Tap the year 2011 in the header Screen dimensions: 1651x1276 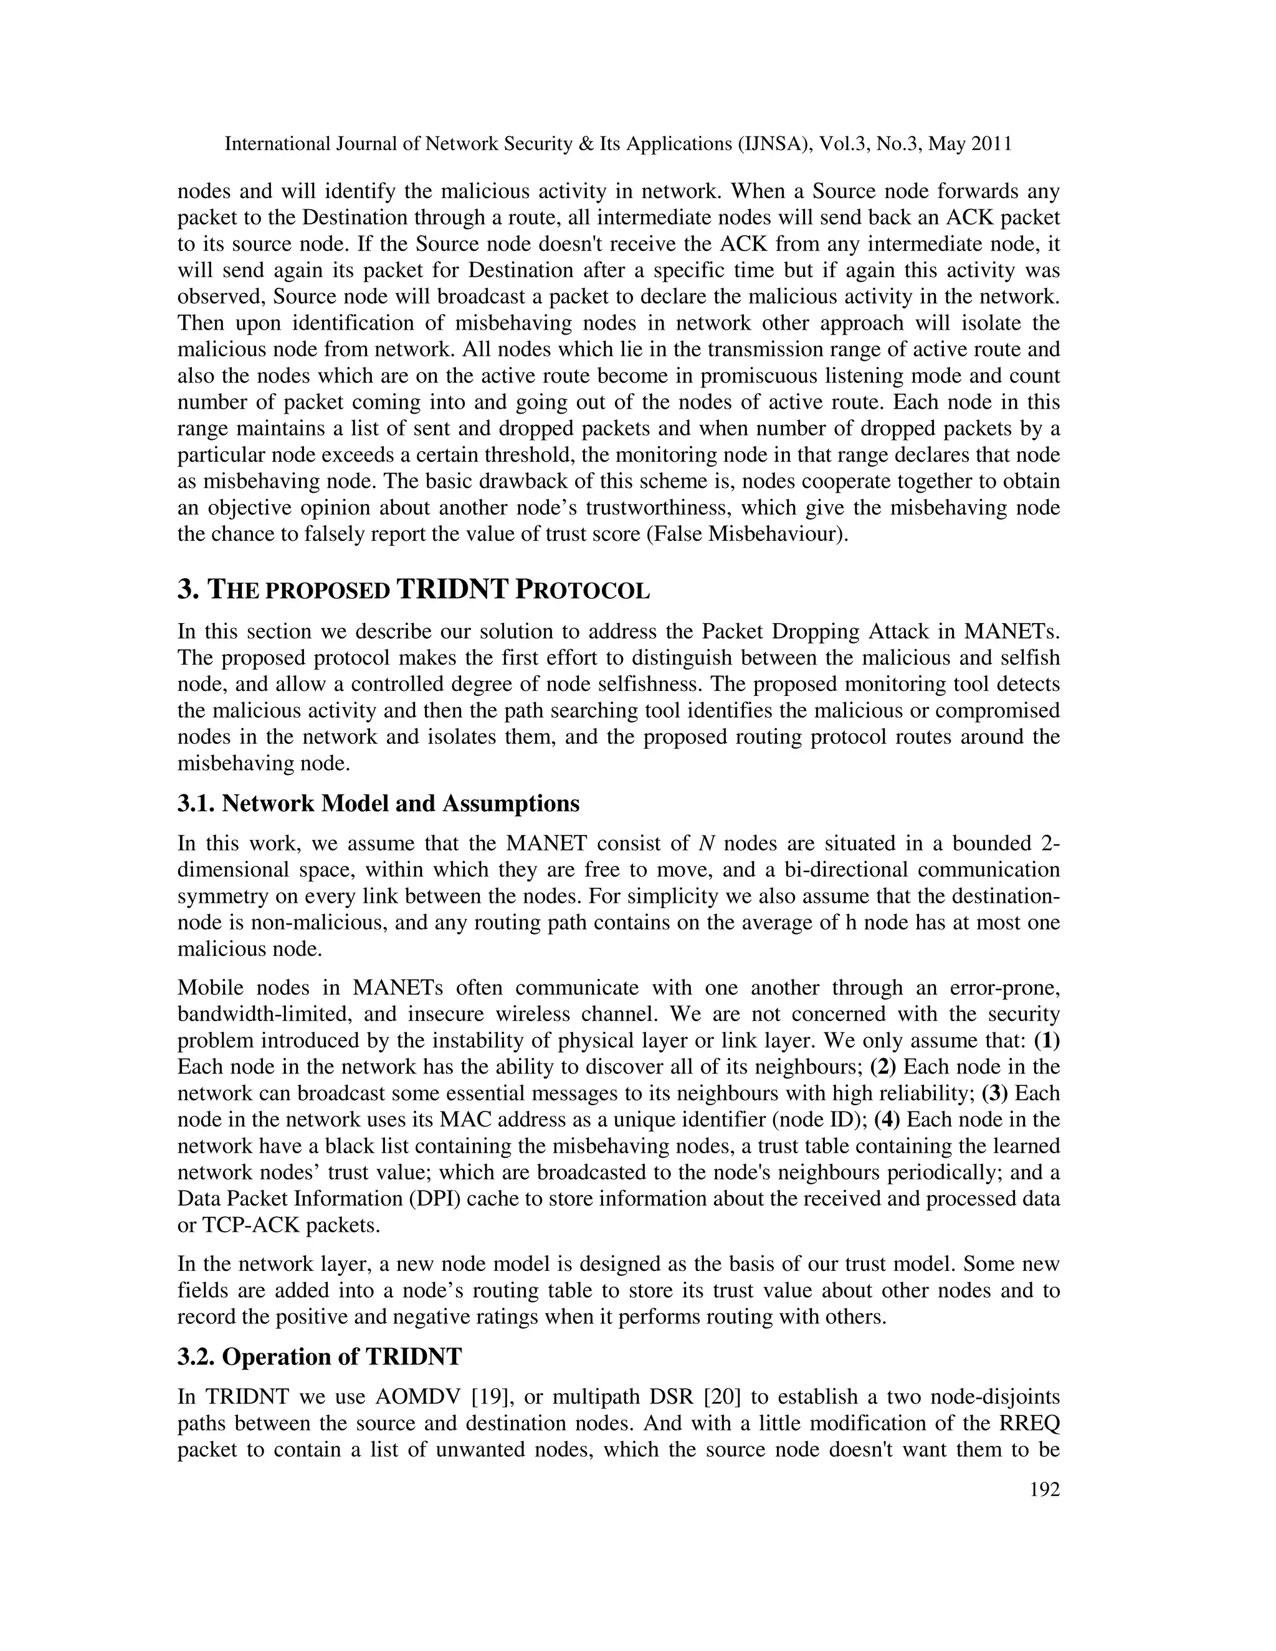[x=991, y=144]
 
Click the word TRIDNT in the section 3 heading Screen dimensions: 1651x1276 [x=451, y=589]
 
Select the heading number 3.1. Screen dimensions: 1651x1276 [x=196, y=804]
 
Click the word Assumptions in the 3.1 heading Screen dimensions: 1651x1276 [x=510, y=804]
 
